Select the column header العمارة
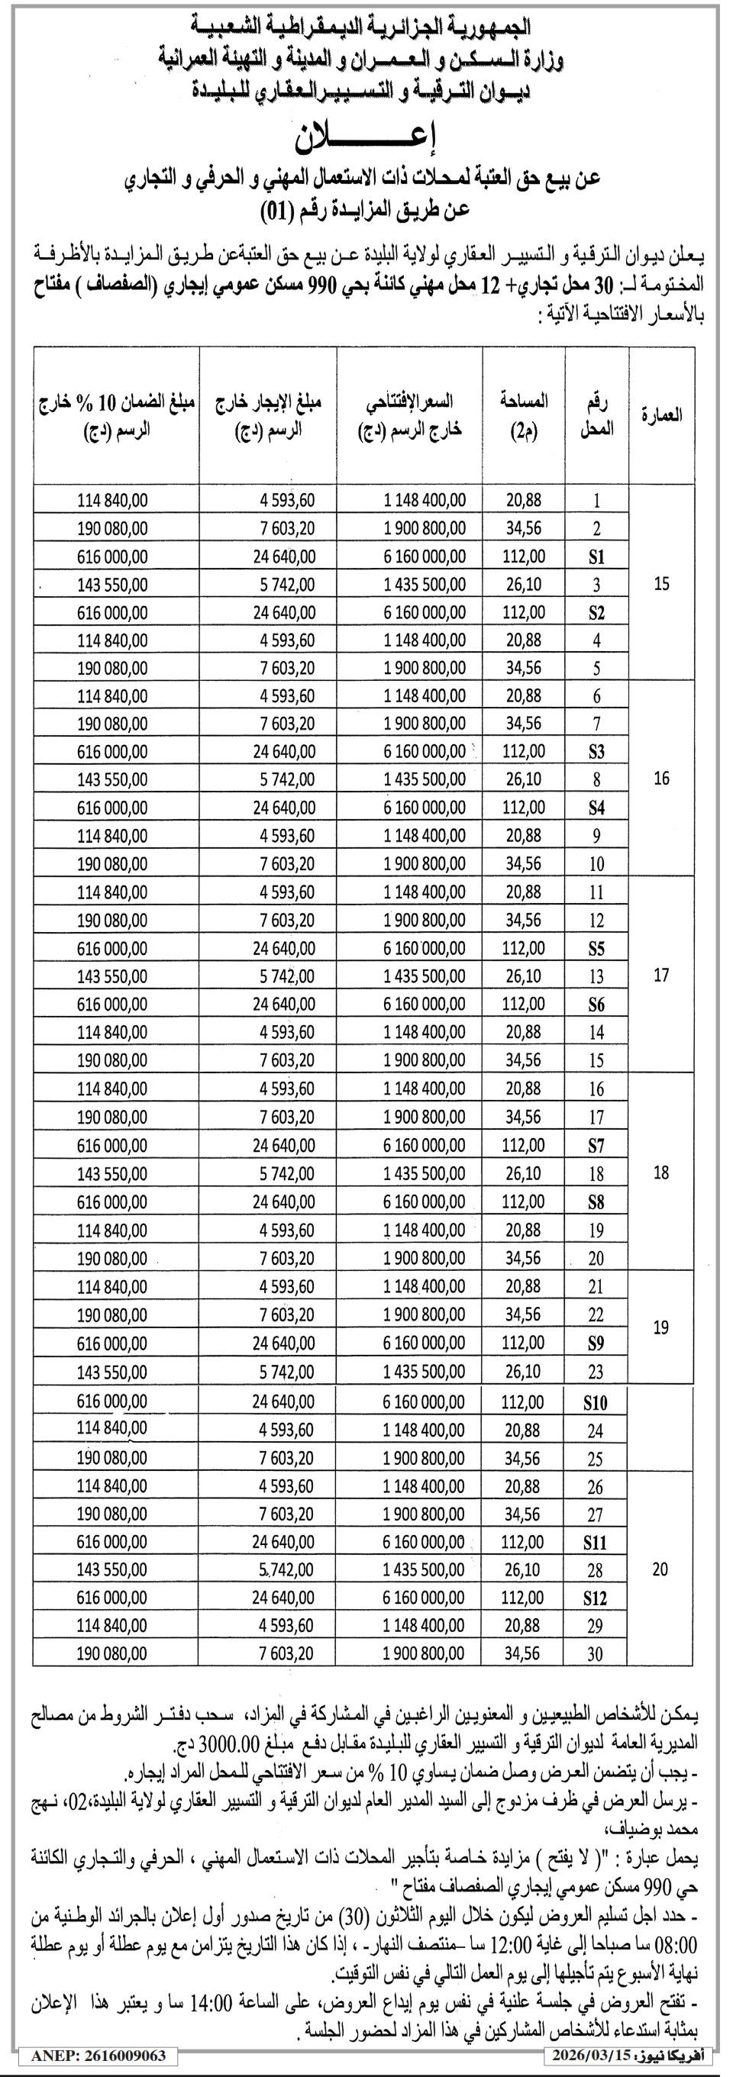coord(660,414)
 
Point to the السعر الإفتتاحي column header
coord(410,414)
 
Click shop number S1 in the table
coord(596,557)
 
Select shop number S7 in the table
coord(596,1146)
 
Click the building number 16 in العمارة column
coord(661,779)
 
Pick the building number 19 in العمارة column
coord(661,1327)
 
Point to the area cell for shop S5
coord(523,948)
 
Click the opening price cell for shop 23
coord(425,1372)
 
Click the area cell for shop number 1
coord(523,500)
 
